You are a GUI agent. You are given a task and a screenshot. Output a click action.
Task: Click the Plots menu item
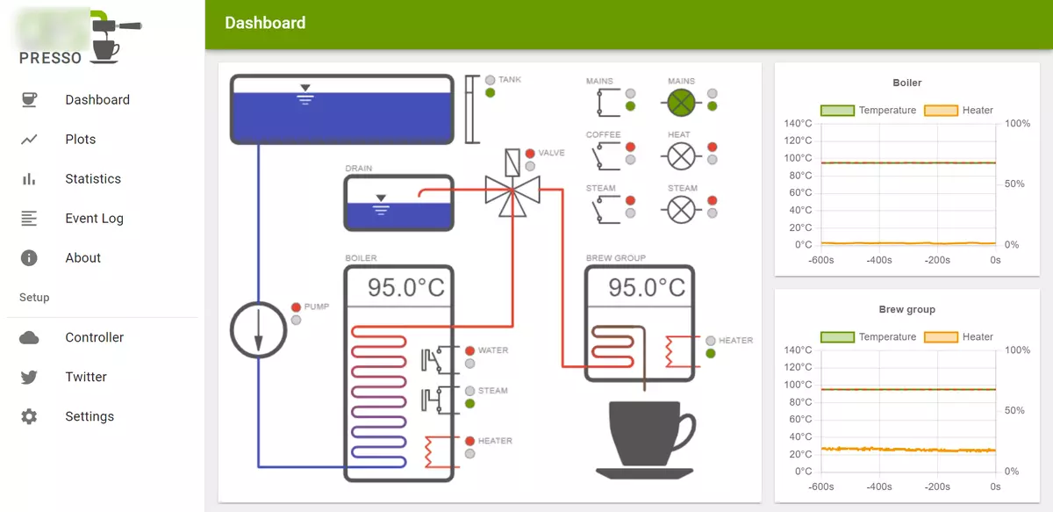click(x=80, y=139)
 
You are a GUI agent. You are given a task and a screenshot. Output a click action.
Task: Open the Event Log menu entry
click(x=94, y=218)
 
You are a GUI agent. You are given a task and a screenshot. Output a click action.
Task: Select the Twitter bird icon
click(x=29, y=377)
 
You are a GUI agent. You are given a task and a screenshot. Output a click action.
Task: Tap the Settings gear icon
click(x=29, y=416)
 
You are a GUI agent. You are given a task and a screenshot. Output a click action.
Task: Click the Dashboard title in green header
click(x=265, y=24)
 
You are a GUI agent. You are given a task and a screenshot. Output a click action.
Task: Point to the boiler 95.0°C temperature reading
click(x=405, y=287)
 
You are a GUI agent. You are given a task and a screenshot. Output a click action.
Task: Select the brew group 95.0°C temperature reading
click(x=647, y=287)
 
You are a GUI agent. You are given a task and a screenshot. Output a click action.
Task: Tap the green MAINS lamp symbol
click(x=682, y=103)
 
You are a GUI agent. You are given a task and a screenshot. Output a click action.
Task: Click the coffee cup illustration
click(x=645, y=439)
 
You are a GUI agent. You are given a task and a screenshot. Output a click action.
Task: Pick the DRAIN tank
click(x=398, y=202)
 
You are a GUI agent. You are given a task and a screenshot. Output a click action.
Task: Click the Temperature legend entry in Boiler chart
click(x=868, y=110)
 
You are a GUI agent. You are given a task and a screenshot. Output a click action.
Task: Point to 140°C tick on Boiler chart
click(x=798, y=124)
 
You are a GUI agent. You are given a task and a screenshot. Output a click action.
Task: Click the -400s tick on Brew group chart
click(x=879, y=487)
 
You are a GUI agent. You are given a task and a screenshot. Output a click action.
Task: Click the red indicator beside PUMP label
click(x=296, y=306)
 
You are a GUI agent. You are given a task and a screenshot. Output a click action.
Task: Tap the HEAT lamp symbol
click(x=682, y=156)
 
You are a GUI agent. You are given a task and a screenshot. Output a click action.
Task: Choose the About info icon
click(x=29, y=257)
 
